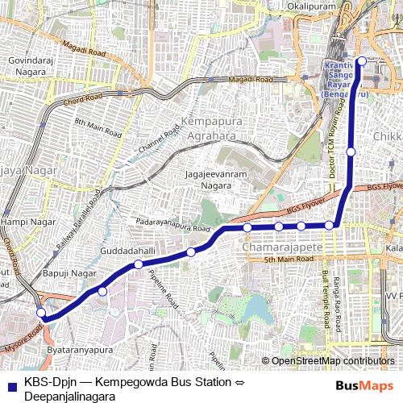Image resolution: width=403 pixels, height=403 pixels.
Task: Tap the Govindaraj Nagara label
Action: coord(28,64)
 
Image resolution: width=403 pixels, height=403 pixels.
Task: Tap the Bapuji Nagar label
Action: coord(69,274)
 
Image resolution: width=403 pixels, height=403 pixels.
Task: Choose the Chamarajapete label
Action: coord(282,247)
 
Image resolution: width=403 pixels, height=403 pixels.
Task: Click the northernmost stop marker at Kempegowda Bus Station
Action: coord(362,60)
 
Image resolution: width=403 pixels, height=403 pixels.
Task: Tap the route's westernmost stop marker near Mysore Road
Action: coord(41,313)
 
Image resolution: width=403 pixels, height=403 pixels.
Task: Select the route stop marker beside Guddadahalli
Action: coord(139,264)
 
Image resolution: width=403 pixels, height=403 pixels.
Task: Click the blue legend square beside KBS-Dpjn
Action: coord(12,384)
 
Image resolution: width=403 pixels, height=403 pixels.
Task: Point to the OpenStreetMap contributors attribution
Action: coord(332,361)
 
